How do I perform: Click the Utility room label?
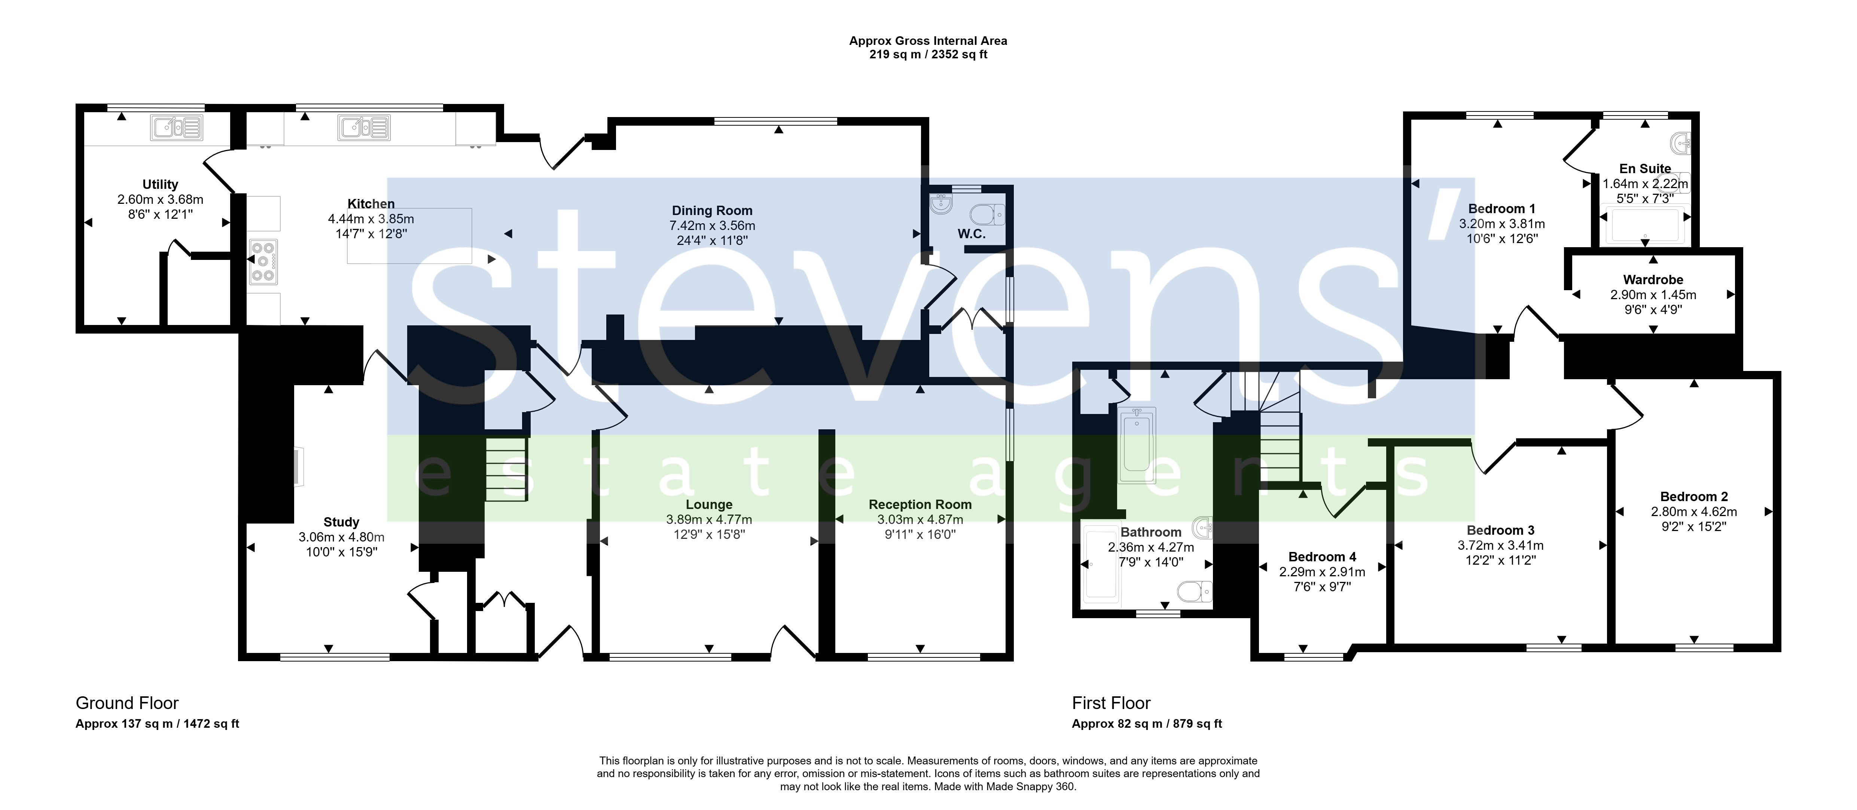(160, 184)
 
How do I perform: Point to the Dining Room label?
(712, 211)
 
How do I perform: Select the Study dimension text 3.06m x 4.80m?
(342, 537)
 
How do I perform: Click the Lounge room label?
(709, 504)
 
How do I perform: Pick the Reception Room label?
(920, 504)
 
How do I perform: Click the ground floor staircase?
(507, 469)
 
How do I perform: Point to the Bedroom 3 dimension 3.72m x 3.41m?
(1500, 546)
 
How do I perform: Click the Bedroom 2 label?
(1694, 497)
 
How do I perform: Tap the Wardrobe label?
(1653, 280)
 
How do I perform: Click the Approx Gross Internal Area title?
(928, 41)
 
